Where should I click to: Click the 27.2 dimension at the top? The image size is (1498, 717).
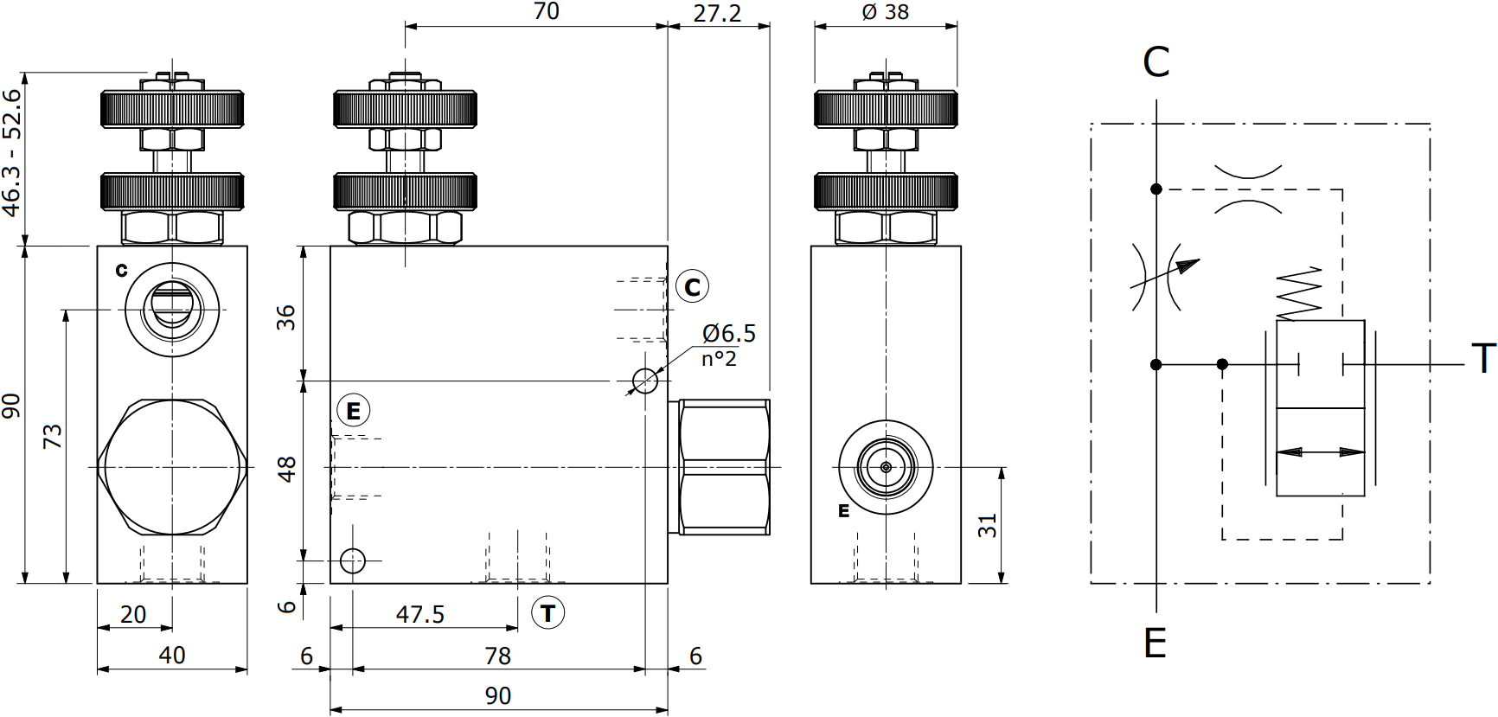(x=717, y=13)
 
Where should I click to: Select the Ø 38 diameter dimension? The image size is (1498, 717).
(x=886, y=12)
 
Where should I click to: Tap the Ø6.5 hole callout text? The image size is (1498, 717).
(x=729, y=333)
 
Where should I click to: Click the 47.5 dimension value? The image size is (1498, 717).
(x=420, y=614)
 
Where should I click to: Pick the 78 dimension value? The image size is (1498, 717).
(x=497, y=656)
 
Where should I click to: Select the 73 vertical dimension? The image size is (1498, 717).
(x=54, y=436)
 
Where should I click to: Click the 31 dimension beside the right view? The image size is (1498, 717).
(x=988, y=525)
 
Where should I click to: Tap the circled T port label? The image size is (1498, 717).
(x=547, y=613)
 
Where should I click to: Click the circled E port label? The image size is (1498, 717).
(x=353, y=411)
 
